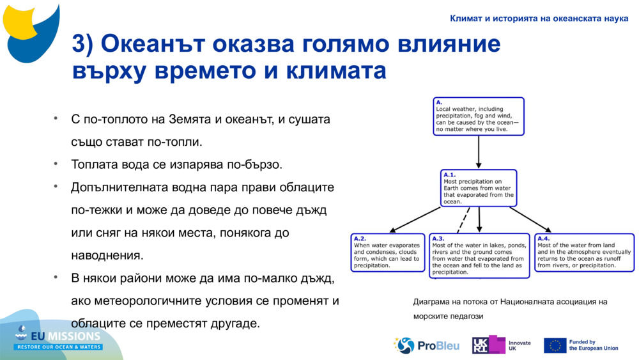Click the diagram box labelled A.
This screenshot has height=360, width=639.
pyautogui.click(x=479, y=116)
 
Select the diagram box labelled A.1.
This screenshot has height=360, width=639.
pyautogui.click(x=479, y=188)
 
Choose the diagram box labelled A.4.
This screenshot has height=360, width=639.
pyautogui.click(x=584, y=252)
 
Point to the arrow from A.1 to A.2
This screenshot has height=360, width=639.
pyautogui.click(x=415, y=220)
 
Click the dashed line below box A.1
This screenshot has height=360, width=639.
pyautogui.click(x=464, y=220)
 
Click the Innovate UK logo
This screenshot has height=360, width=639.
pyautogui.click(x=502, y=345)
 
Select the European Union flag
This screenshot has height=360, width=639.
pyautogui.click(x=555, y=345)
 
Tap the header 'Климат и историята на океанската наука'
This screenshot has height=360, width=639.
pyautogui.click(x=539, y=18)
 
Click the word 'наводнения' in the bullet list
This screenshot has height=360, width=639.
pyautogui.click(x=106, y=255)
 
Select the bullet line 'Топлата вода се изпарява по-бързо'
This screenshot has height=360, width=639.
pyautogui.click(x=176, y=164)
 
